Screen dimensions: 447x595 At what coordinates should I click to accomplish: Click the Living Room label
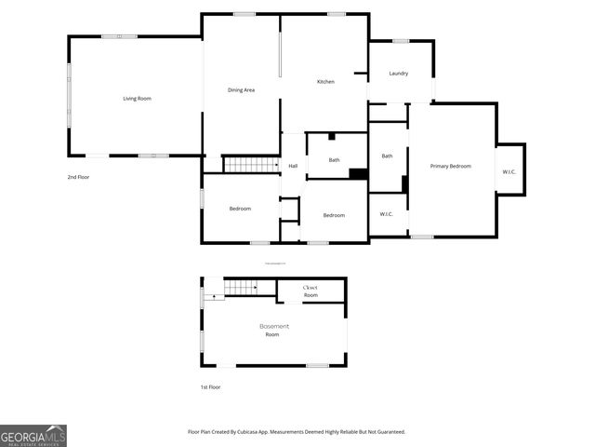click(x=138, y=98)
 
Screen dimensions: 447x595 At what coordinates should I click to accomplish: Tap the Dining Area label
click(x=241, y=89)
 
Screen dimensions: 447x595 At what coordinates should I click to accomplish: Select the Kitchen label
click(x=325, y=82)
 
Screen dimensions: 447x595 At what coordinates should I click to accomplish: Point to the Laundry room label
click(x=399, y=74)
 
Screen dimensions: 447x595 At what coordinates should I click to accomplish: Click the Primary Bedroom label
click(x=450, y=166)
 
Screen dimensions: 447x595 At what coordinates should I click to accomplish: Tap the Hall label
click(x=293, y=166)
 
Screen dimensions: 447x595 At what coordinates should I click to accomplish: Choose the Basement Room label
click(x=273, y=330)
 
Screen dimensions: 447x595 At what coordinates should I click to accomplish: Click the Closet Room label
click(x=311, y=291)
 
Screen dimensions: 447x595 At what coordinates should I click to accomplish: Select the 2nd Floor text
click(x=78, y=176)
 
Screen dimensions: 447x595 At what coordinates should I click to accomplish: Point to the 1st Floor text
click(x=210, y=386)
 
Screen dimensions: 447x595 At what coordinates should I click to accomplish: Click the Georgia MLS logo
click(x=33, y=435)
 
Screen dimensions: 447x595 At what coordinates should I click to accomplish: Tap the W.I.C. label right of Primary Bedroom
click(x=510, y=171)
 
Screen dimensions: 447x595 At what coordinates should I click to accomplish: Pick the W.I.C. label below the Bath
click(x=387, y=214)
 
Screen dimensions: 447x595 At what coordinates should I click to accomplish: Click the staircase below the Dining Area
click(x=251, y=165)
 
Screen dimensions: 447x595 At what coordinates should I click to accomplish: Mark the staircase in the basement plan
click(x=241, y=287)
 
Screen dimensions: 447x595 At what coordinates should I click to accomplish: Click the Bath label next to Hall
click(x=335, y=159)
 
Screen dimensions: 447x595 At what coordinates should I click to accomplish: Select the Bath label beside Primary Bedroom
click(x=387, y=156)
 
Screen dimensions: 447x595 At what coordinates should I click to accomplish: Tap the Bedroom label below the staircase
click(x=240, y=209)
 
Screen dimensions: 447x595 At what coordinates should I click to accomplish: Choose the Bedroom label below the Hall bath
click(x=334, y=215)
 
